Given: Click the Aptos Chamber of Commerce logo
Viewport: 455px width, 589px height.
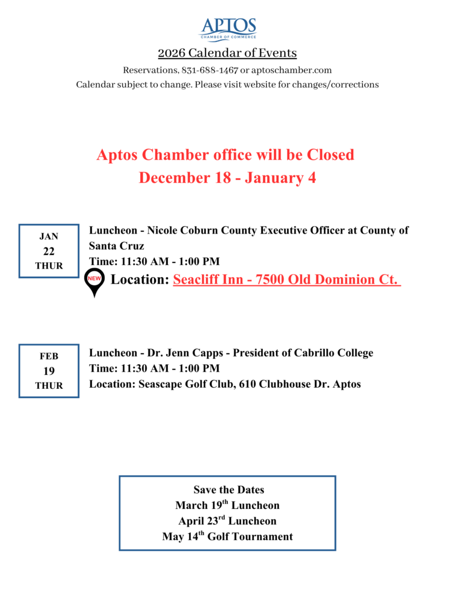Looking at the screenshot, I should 228,29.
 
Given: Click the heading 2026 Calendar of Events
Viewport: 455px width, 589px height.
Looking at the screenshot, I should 227,53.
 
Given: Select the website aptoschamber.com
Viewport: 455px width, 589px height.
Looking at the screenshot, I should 292,70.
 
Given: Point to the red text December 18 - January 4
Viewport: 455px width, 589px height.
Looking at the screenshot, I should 227,178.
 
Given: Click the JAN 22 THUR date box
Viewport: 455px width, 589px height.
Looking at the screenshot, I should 49,251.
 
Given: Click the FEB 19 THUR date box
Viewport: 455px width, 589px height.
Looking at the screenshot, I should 49,371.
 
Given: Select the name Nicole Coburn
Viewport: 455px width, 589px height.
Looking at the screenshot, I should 175,231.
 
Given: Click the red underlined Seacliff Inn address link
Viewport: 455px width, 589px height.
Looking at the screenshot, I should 286,280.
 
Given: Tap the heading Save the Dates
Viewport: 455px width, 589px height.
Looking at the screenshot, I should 228,490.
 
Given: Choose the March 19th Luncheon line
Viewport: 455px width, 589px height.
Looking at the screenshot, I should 227,506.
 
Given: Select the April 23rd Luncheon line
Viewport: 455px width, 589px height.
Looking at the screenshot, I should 227,521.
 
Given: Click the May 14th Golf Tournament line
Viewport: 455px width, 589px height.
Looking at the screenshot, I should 227,537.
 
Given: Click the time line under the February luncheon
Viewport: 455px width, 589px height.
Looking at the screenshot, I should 154,368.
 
